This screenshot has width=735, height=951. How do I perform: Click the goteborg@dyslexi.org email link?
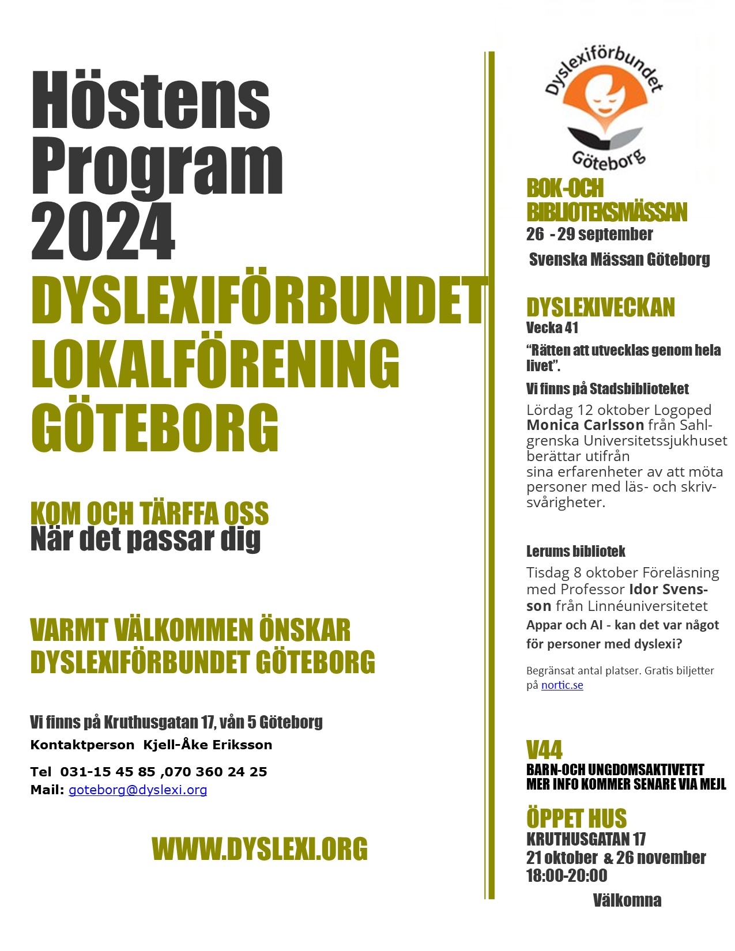[138, 790]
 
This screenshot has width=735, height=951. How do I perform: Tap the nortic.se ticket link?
[562, 685]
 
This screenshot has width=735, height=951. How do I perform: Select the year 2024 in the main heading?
[103, 232]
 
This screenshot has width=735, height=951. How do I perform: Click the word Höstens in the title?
[150, 101]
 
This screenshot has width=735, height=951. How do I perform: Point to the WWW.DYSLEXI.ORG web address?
[259, 849]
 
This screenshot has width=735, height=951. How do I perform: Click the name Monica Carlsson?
[585, 425]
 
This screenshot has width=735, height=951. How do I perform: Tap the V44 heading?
[544, 750]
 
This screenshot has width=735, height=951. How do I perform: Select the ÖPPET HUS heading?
[576, 818]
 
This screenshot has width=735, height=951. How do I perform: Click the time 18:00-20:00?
[567, 875]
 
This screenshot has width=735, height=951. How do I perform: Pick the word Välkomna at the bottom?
[627, 900]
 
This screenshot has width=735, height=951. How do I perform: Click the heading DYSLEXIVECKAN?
[600, 308]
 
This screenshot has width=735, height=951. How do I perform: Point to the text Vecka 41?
[552, 328]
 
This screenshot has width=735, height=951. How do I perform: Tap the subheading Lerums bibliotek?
[575, 552]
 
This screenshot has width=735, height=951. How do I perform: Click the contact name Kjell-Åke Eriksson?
[208, 745]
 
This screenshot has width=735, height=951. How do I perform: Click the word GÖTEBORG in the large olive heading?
[154, 428]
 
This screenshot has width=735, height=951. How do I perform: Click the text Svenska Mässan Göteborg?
[619, 259]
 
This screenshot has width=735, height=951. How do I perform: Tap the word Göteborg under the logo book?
[609, 160]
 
